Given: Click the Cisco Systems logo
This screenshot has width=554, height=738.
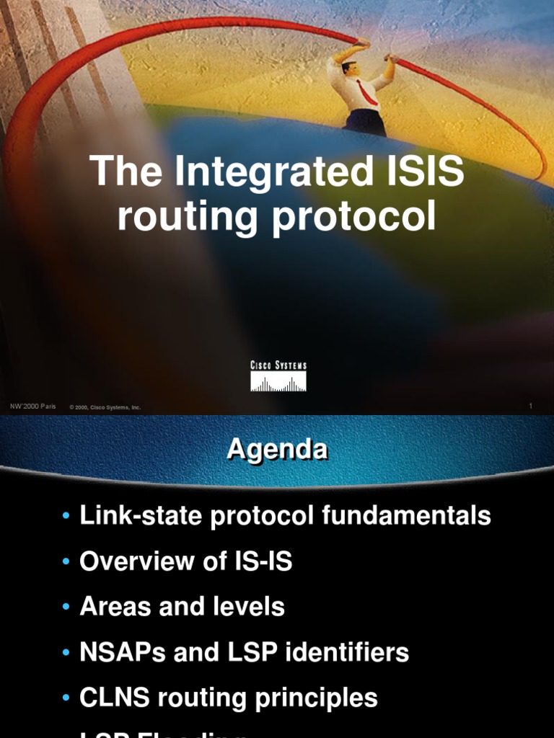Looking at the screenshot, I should [278, 376].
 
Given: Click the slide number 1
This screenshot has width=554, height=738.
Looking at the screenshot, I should [530, 407].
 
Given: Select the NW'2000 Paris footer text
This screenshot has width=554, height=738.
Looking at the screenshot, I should [32, 407].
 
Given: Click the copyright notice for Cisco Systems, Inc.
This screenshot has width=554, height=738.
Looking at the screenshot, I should [105, 408].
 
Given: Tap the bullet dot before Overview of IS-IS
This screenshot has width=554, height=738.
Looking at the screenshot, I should [66, 562].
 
